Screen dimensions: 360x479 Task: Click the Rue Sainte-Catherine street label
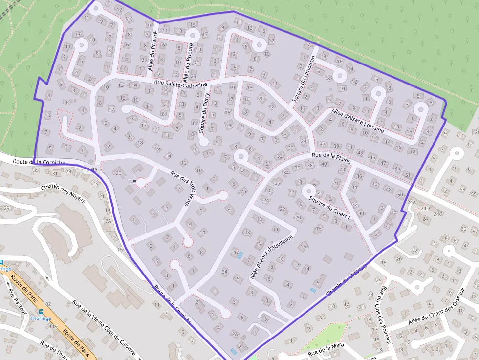180,84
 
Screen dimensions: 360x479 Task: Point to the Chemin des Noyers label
63,193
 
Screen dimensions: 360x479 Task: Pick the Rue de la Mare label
326,350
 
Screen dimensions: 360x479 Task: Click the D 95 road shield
91,170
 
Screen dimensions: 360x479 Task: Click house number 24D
425,209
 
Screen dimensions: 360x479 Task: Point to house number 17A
107,221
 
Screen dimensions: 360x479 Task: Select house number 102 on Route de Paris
47,304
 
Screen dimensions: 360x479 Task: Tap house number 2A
235,335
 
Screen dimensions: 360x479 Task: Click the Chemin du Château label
346,281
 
